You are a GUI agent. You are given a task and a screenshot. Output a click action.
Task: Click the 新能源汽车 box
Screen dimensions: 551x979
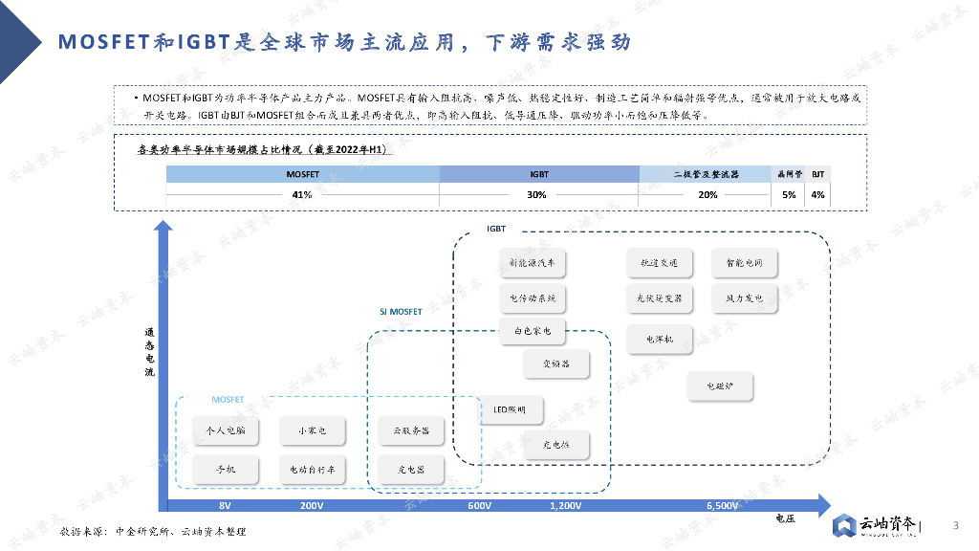tap(533, 262)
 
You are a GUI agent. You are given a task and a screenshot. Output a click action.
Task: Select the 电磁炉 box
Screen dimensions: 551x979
tap(720, 386)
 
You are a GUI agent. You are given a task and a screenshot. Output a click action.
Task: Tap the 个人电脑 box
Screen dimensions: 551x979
tap(226, 431)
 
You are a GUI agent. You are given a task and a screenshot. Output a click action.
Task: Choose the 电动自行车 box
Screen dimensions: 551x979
tap(313, 470)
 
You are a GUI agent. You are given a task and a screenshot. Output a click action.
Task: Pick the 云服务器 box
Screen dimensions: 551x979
tap(411, 431)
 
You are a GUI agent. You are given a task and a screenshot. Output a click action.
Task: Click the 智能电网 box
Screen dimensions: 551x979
tap(744, 262)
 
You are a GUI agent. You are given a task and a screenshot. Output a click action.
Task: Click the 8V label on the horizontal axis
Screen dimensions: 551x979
tap(226, 505)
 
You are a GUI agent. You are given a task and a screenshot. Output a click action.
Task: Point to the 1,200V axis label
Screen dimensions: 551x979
tap(565, 505)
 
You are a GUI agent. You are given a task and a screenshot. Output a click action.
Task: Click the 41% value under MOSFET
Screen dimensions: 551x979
tap(302, 195)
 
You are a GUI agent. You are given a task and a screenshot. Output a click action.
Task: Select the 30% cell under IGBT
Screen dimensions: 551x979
tap(537, 195)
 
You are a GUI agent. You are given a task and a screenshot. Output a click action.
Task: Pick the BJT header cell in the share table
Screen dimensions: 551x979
tap(817, 174)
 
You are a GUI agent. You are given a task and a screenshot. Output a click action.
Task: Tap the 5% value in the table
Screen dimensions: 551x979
tap(789, 195)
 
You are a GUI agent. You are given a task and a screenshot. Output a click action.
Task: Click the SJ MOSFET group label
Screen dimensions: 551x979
tap(401, 312)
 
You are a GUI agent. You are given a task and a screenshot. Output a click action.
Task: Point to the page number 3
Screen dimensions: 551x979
tap(956, 524)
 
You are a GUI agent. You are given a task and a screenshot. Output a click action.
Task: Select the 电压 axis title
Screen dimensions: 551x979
tap(785, 519)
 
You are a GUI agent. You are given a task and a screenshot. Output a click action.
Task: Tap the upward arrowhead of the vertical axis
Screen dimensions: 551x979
tap(163, 229)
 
